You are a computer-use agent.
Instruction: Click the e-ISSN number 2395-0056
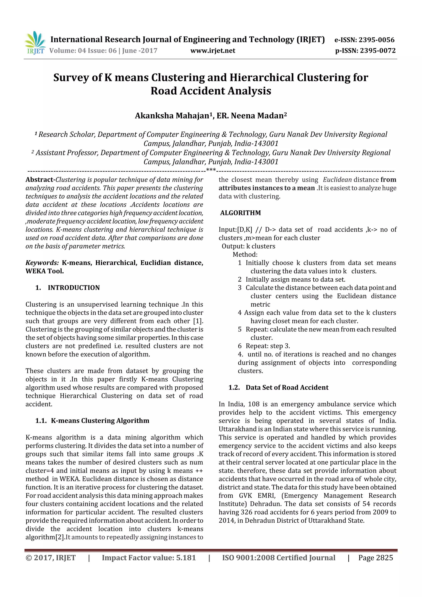tap(377, 40)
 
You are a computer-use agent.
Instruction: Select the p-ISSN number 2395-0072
tap(377, 50)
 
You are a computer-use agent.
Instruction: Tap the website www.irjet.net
tap(213, 50)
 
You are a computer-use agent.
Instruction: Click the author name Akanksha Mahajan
tap(172, 116)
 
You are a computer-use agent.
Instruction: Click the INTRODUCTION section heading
tap(74, 288)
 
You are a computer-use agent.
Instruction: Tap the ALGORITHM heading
tap(240, 213)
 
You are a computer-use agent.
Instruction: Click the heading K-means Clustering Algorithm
tap(100, 421)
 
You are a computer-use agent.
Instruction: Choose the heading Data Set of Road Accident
tap(287, 387)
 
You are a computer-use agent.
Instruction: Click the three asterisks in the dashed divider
tap(211, 170)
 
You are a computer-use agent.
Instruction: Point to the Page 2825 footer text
tap(375, 558)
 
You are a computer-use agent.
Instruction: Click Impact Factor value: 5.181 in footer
tap(149, 558)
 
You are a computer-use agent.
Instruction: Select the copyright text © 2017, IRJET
tap(51, 558)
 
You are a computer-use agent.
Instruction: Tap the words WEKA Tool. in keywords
tap(45, 271)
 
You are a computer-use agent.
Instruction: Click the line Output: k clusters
tap(248, 246)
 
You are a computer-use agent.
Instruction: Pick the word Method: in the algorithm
tap(245, 255)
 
